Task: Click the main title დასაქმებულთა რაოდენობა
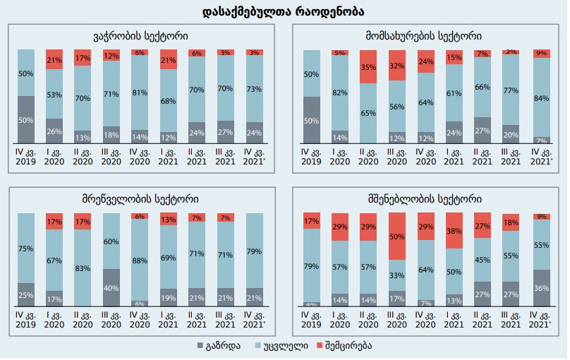tap(284, 12)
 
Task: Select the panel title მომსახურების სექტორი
tap(425, 35)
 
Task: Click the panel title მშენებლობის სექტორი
tap(425, 199)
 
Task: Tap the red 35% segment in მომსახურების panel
tap(373, 67)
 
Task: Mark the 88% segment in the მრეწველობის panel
tap(140, 259)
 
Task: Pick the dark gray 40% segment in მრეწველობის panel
tap(111, 287)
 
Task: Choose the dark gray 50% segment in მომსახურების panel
tap(311, 121)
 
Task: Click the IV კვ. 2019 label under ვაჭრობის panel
tap(26, 156)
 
